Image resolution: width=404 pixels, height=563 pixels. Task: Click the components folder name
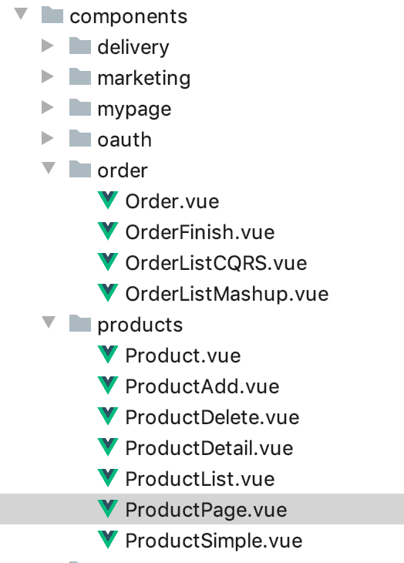[x=128, y=16]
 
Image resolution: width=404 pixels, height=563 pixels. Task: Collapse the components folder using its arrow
[x=21, y=14]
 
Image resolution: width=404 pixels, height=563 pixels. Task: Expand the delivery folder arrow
[x=47, y=46]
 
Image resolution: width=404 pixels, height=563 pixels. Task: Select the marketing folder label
[x=144, y=79]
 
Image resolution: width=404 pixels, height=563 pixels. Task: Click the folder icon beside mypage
[x=80, y=107]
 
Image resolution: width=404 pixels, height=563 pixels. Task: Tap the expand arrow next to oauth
[x=47, y=138]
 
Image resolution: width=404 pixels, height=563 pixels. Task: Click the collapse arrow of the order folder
[x=49, y=168]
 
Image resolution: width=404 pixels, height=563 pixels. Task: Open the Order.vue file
[x=172, y=201]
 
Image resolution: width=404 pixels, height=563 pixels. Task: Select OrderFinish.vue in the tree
[x=200, y=232]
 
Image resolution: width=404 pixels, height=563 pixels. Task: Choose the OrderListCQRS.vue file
[x=216, y=263]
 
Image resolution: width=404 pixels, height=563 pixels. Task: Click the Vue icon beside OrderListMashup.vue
[x=108, y=292]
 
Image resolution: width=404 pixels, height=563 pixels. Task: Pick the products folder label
[x=140, y=325]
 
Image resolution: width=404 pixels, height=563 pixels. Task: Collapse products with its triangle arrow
[x=49, y=322]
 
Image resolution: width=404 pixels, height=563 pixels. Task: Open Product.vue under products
[x=183, y=356]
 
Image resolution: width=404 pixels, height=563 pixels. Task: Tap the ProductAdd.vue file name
[x=202, y=386]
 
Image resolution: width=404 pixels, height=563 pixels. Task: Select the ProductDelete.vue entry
[x=212, y=417]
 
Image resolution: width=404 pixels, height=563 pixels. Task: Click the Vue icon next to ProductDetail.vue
[x=108, y=447]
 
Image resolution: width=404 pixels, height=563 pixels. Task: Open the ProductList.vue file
[x=200, y=480]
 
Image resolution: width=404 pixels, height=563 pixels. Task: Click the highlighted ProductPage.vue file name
[x=207, y=511]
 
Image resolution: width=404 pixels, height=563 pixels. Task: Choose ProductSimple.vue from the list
[x=214, y=541]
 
